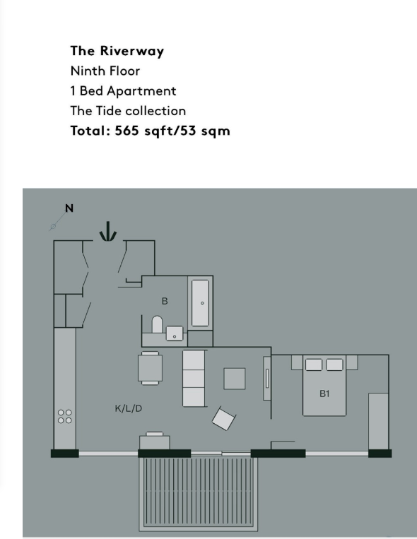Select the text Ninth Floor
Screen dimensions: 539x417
[x=105, y=71]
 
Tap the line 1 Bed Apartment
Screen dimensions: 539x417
[x=123, y=91]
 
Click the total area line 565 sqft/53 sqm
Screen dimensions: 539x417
[x=150, y=131]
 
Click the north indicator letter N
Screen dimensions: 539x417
[x=69, y=208]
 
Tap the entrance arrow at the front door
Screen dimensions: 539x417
[x=107, y=231]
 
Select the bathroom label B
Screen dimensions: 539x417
[x=165, y=301]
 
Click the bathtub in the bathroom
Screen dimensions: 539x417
[x=201, y=303]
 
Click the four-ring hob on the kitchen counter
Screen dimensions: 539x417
[x=64, y=416]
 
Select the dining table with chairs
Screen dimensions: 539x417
[x=150, y=368]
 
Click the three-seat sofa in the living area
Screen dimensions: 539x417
[x=194, y=378]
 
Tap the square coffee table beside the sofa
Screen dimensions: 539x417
[x=235, y=379]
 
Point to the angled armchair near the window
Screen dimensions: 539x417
[x=223, y=418]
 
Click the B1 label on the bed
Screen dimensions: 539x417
[x=324, y=394]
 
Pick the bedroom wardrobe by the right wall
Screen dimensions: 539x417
[x=378, y=420]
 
